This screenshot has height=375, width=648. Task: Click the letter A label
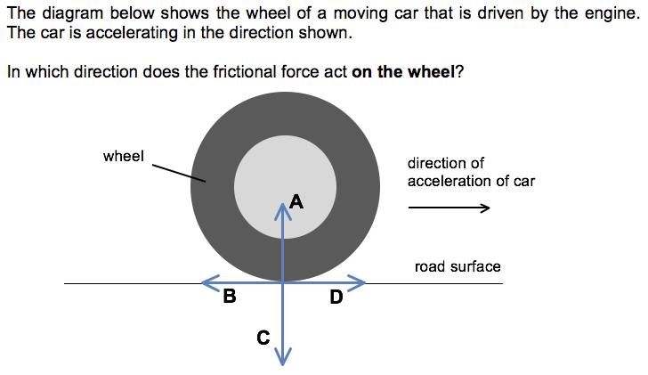[296, 202]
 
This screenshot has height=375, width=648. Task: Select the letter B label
[230, 298]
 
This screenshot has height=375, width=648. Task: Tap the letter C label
[263, 338]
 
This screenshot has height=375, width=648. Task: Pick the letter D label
[336, 298]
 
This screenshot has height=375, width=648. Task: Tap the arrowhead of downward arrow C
[284, 359]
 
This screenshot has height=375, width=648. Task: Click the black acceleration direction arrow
[449, 209]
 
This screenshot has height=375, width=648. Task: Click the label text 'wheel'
[124, 157]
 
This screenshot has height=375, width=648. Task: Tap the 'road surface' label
[458, 266]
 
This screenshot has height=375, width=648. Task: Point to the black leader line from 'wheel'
[178, 173]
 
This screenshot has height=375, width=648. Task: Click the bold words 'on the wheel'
[402, 72]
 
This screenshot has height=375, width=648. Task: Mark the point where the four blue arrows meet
[284, 283]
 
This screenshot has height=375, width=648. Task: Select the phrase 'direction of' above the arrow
[446, 163]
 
